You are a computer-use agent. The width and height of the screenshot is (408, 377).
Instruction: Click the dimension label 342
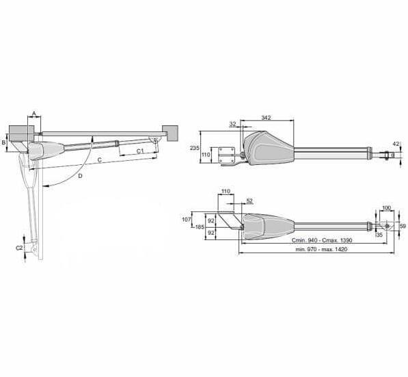266,118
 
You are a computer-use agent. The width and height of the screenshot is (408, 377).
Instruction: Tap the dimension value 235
195,148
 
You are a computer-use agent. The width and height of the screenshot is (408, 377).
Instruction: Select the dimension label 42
396,144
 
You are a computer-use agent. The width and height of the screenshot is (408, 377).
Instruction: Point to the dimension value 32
232,124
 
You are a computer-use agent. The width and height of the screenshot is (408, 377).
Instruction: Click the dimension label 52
249,200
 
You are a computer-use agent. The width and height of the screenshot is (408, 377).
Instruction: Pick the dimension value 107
187,220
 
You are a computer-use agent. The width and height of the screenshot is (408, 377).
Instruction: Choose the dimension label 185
200,227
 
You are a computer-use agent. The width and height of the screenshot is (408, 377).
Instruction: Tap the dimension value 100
386,208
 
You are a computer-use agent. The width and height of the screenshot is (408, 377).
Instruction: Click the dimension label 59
403,226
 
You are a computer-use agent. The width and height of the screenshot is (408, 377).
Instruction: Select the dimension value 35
379,235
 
